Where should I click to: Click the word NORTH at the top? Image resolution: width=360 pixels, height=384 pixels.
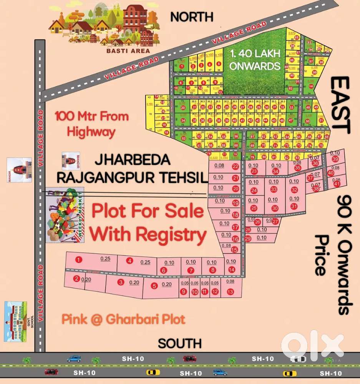point(192,17)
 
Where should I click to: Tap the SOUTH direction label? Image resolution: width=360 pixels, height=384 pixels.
point(180,343)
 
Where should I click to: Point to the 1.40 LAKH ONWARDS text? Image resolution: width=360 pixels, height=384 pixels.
point(254,60)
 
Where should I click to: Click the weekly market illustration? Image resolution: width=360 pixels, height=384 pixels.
point(65,215)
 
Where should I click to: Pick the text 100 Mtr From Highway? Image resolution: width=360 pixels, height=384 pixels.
point(91,124)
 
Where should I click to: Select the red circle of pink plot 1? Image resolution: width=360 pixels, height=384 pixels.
point(79,260)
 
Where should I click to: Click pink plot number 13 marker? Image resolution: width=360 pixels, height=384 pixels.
point(230,292)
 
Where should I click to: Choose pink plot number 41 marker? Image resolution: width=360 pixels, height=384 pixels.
point(337,184)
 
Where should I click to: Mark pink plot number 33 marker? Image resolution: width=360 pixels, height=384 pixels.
point(274,189)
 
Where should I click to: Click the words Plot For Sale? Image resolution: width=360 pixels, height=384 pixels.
point(148,212)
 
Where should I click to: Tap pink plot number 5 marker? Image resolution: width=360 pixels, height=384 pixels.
point(154,286)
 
